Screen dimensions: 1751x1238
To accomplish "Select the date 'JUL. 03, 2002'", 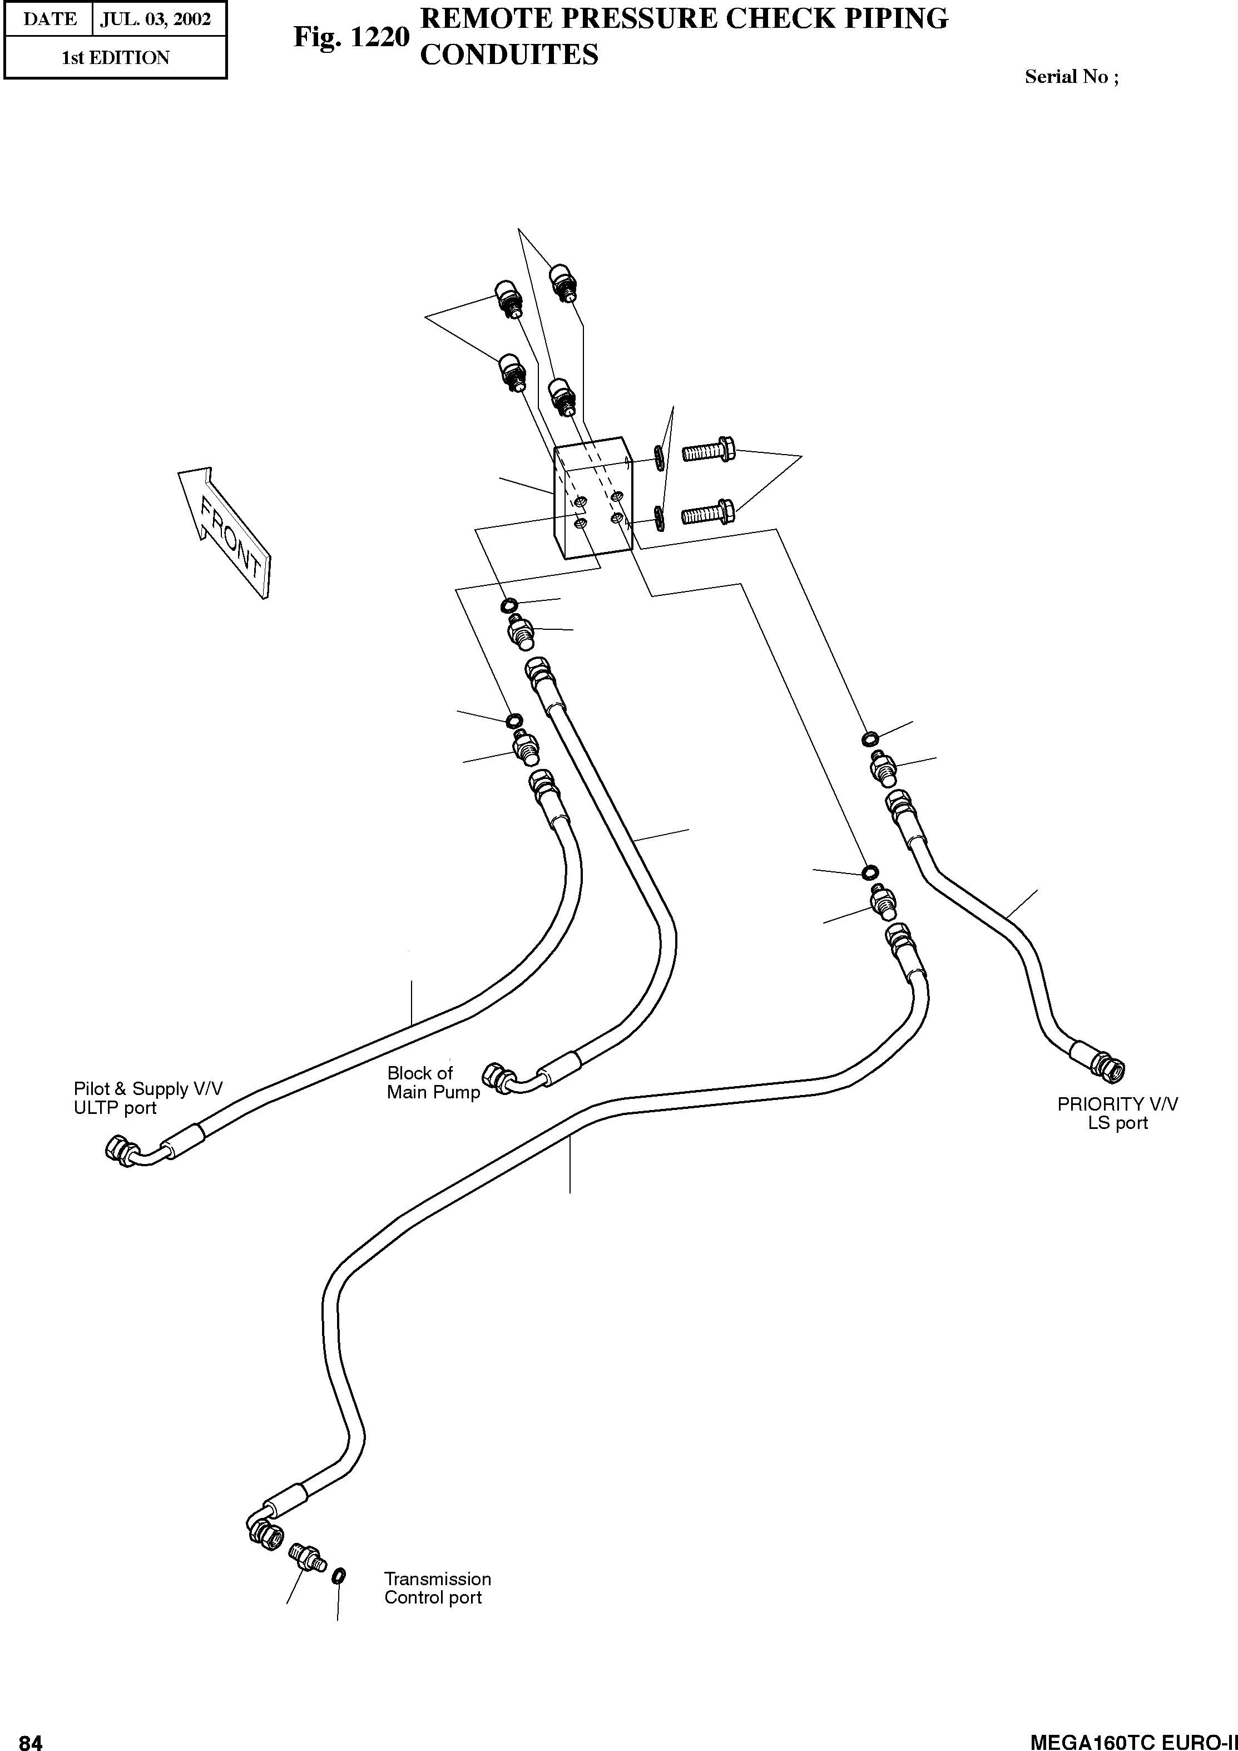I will click(156, 18).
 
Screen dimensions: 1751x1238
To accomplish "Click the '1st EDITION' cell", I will click(115, 58).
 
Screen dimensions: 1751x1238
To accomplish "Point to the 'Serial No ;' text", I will click(1071, 76).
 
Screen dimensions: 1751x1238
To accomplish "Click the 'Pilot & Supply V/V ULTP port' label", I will click(148, 1098).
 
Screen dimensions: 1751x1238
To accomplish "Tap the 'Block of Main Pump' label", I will click(432, 1082).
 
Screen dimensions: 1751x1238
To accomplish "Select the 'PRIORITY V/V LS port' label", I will click(1117, 1113).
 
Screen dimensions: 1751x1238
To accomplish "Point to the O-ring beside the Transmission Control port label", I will click(340, 1574).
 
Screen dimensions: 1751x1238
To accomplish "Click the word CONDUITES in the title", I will click(509, 55).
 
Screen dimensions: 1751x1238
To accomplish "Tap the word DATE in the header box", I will click(49, 18).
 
